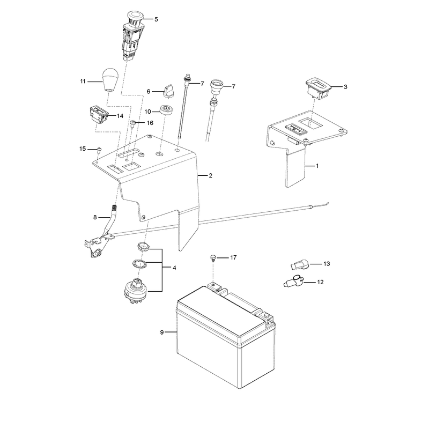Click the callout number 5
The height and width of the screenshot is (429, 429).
pyautogui.click(x=156, y=19)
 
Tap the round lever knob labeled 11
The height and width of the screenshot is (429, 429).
pyautogui.click(x=110, y=79)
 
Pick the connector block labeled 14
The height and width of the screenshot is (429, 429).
pyautogui.click(x=99, y=115)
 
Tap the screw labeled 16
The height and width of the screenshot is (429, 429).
pyautogui.click(x=133, y=124)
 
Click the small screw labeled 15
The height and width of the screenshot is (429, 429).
pyautogui.click(x=99, y=150)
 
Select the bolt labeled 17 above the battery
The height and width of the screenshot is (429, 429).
pyautogui.click(x=213, y=258)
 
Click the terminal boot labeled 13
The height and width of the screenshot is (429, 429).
pyautogui.click(x=300, y=265)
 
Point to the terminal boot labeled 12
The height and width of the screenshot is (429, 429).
pyautogui.click(x=294, y=281)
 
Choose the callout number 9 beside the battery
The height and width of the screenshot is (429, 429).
pyautogui.click(x=162, y=332)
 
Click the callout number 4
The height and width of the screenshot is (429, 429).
pyautogui.click(x=174, y=268)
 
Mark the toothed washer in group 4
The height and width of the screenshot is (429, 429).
pyautogui.click(x=139, y=264)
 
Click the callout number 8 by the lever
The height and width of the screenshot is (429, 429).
pyautogui.click(x=95, y=217)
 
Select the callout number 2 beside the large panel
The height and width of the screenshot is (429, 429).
pyautogui.click(x=210, y=175)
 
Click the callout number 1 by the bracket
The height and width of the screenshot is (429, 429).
pyautogui.click(x=317, y=166)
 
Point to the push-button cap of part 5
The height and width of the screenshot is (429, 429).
pyautogui.click(x=135, y=17)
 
